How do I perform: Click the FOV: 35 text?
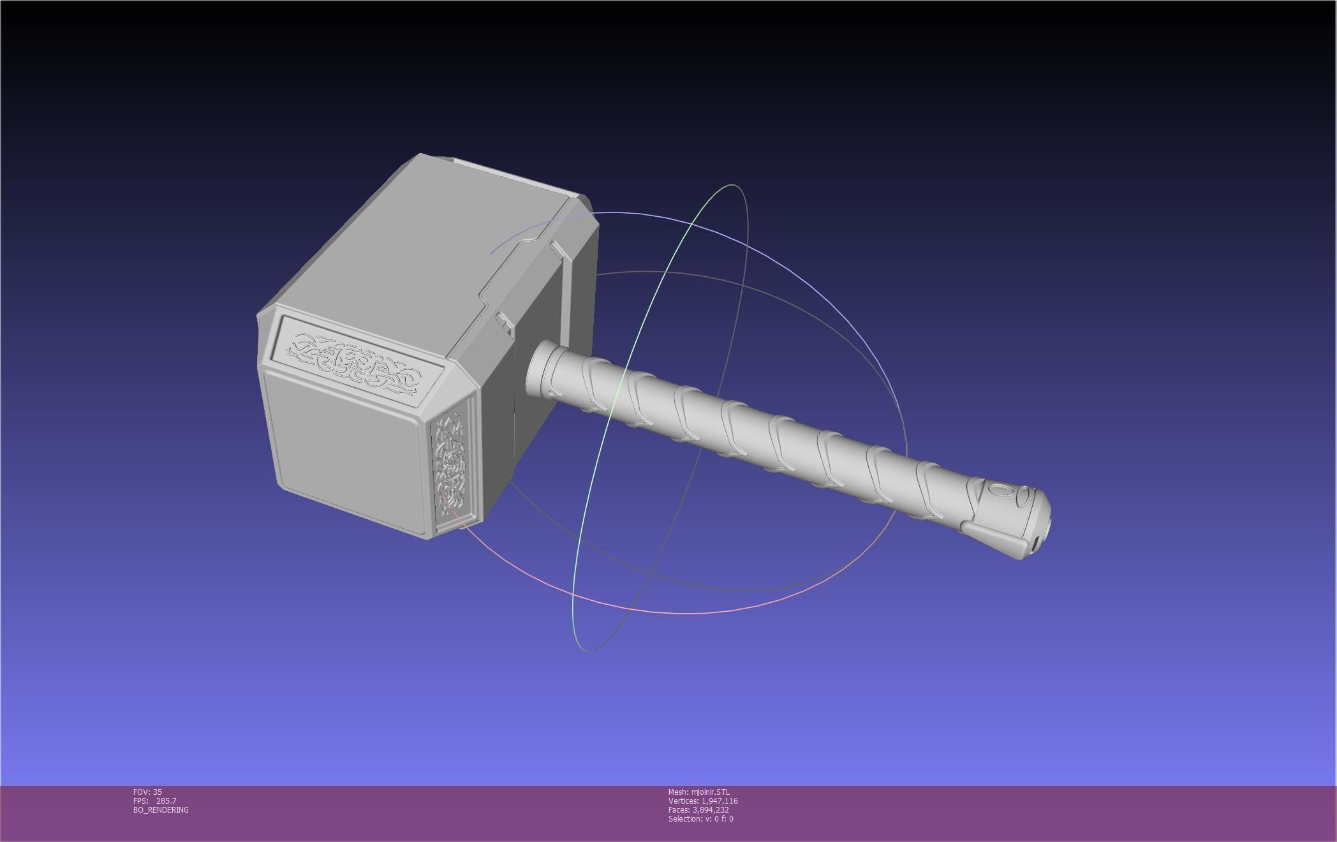(x=147, y=792)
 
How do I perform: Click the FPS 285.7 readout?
(x=155, y=801)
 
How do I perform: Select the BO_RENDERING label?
(x=161, y=809)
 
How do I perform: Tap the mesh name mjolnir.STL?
(x=698, y=792)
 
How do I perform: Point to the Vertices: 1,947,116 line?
(x=703, y=801)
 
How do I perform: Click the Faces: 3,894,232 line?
(x=698, y=809)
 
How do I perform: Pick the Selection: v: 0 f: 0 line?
(x=700, y=818)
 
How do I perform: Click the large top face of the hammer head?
(x=434, y=242)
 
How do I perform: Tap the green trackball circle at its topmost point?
(x=732, y=186)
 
